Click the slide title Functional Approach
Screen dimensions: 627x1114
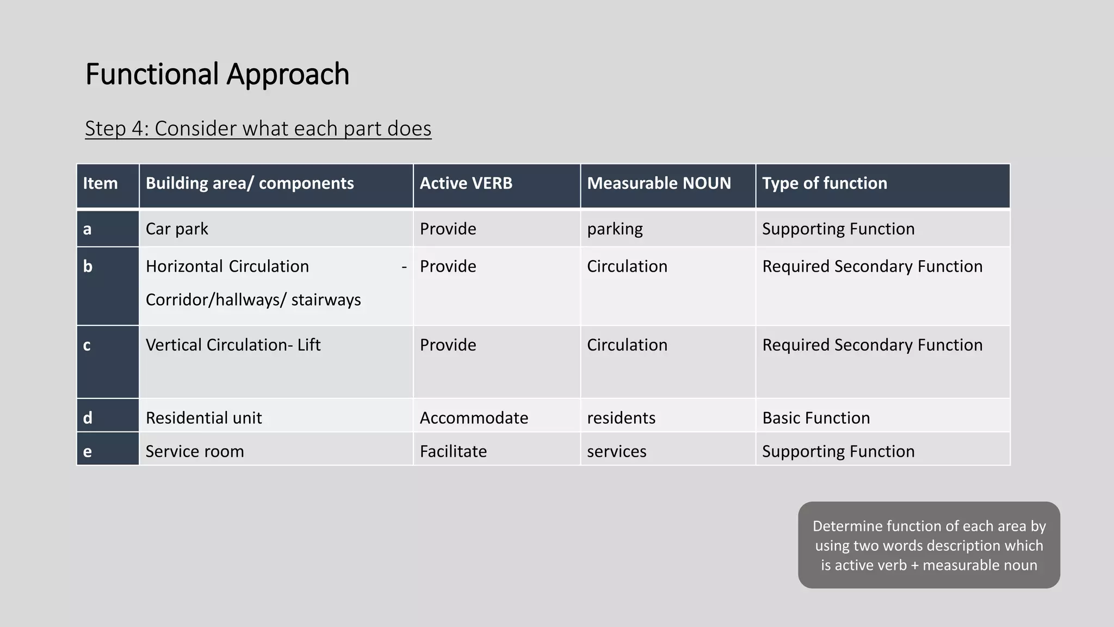tap(217, 74)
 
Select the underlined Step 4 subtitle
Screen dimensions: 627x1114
tap(258, 128)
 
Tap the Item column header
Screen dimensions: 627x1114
tap(100, 183)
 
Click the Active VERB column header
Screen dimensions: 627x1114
tap(466, 183)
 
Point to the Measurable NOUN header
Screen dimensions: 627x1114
tap(659, 183)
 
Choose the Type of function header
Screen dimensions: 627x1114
tap(824, 183)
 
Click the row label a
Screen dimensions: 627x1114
tap(87, 229)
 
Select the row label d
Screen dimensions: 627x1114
tap(87, 418)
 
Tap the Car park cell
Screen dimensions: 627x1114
tap(177, 229)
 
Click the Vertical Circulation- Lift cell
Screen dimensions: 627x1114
tap(233, 345)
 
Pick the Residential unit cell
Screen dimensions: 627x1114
tap(203, 418)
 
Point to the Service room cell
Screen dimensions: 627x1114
tap(195, 451)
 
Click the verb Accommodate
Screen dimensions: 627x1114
tap(474, 418)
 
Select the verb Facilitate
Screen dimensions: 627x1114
tap(453, 451)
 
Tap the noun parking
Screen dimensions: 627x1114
tap(615, 229)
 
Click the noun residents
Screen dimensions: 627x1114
tap(621, 418)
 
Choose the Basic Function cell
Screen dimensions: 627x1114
tap(816, 418)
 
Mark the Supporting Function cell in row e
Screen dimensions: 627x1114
tap(838, 451)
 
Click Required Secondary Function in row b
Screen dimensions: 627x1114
tap(872, 267)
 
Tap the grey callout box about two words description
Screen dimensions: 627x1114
tap(929, 545)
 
